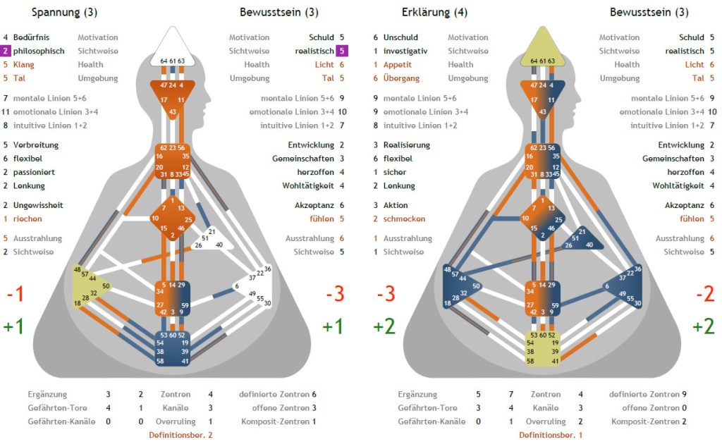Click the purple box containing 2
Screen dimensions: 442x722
(x=6, y=51)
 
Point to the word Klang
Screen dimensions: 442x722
(x=24, y=64)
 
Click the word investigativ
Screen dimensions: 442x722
(x=405, y=51)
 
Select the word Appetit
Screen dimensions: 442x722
(x=398, y=64)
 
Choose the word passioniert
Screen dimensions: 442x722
(x=33, y=172)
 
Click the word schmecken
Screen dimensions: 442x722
(x=404, y=219)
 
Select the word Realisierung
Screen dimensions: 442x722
(x=406, y=145)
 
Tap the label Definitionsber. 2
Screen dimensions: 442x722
(x=180, y=435)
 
